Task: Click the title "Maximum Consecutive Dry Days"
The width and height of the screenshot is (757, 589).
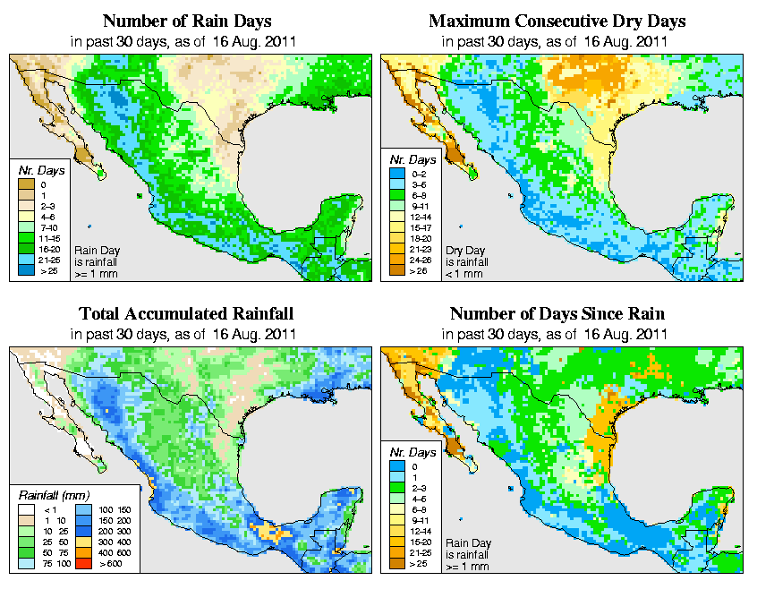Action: point(557,21)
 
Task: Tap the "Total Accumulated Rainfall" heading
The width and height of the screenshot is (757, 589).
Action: point(186,314)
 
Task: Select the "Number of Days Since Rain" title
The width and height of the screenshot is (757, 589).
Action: point(557,314)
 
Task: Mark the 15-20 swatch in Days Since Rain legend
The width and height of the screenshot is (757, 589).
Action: point(395,540)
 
